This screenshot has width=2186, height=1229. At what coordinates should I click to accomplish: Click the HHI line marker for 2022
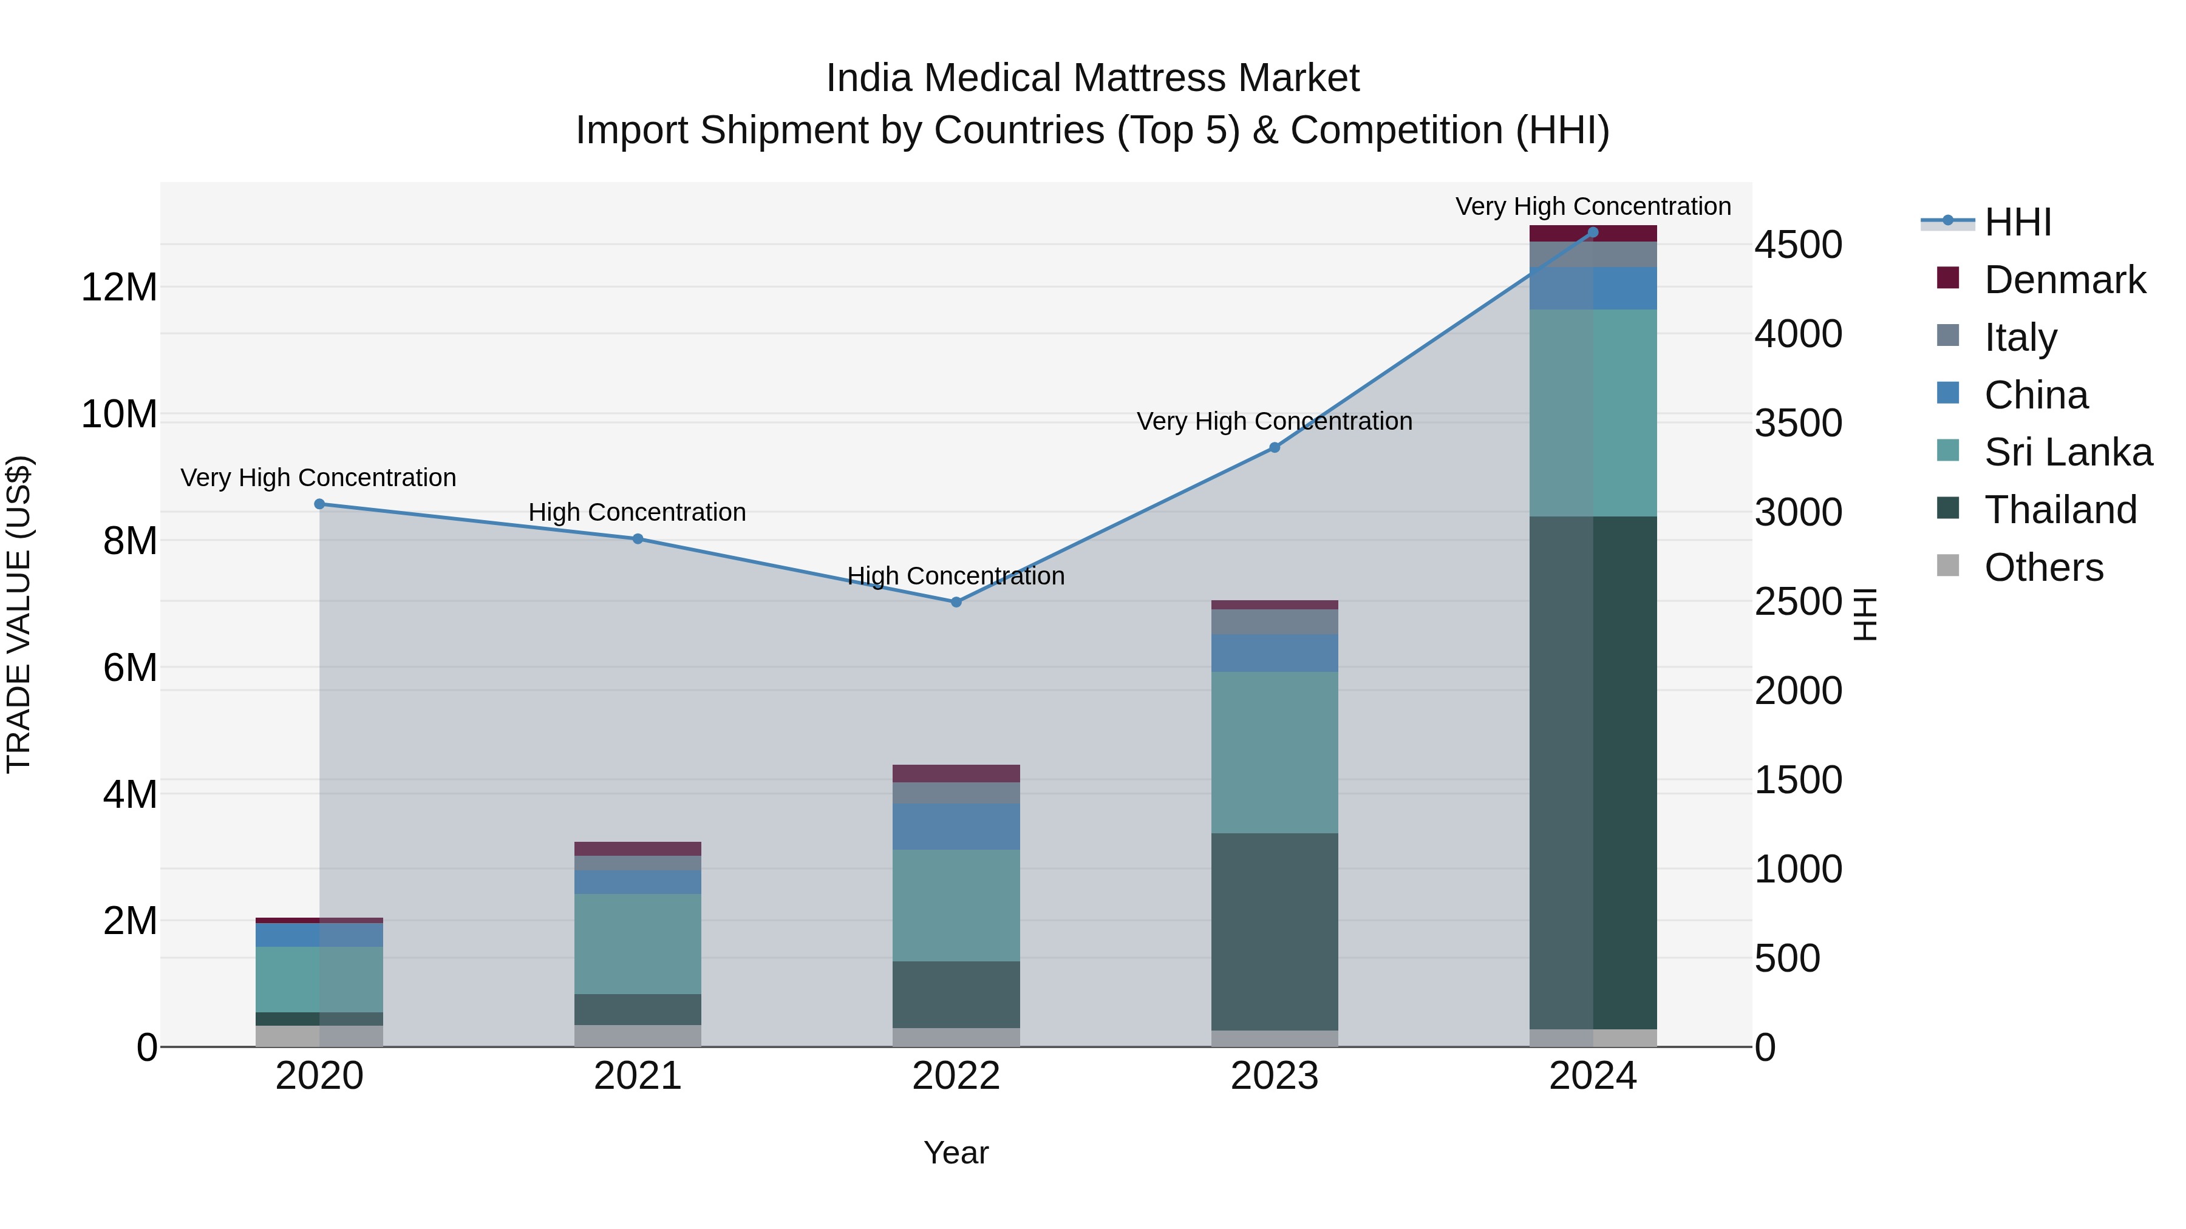coord(956,602)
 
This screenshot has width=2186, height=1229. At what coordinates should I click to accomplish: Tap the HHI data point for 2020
coord(319,504)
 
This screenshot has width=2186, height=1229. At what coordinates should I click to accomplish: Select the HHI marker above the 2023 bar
coord(1274,447)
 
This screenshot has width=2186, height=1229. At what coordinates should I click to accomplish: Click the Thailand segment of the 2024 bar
coord(1592,772)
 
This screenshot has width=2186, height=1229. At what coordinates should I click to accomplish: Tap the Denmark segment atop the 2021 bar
coord(638,848)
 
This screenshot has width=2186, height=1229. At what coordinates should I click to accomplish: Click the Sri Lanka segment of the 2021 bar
coord(638,943)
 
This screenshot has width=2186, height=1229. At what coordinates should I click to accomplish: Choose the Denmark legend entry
coord(2064,280)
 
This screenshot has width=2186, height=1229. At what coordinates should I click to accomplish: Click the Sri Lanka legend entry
coord(2067,452)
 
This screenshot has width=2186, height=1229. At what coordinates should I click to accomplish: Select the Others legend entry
coord(2043,567)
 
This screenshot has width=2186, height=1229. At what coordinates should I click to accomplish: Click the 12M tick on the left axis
coord(119,288)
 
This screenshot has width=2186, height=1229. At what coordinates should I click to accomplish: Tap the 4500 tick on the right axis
coord(1798,245)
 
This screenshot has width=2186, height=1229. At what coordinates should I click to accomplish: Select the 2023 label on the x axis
coord(1274,1076)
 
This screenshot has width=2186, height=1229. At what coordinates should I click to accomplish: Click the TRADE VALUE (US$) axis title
coord(19,614)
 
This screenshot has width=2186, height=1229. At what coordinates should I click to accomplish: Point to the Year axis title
coord(956,1153)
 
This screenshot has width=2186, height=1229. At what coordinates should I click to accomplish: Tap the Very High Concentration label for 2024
coord(1593,206)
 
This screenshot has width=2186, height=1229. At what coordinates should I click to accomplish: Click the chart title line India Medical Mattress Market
coord(1092,78)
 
